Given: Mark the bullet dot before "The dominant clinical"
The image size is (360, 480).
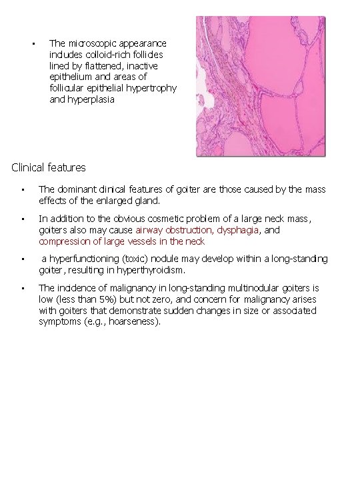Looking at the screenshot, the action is tap(23, 190).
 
